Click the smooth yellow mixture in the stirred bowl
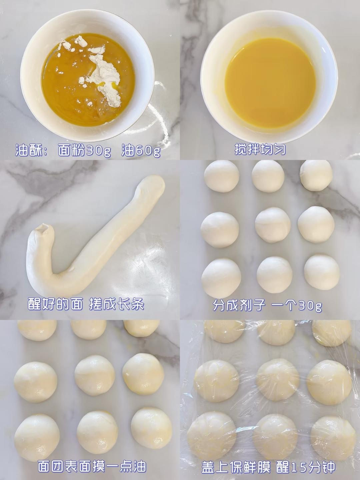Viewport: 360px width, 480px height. tap(270, 83)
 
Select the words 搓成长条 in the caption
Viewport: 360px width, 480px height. tap(117, 304)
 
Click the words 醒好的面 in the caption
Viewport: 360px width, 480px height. tap(55, 304)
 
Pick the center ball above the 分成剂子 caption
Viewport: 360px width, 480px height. tap(273, 225)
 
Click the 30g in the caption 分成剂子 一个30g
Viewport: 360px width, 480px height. tap(310, 306)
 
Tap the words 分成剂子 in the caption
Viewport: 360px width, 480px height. tap(239, 305)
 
